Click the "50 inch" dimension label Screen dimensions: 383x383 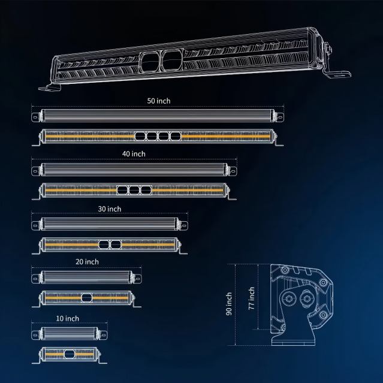pos(159,101)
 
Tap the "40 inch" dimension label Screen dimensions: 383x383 pos(134,154)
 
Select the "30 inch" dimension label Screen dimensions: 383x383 pos(110,209)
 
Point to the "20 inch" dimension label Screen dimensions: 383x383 pos(87,262)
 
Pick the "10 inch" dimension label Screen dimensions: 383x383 pos(67,318)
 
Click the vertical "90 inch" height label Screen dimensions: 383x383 pos(229,304)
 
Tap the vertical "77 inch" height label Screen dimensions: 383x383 pos(251,298)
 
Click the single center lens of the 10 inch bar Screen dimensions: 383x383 pos(69,354)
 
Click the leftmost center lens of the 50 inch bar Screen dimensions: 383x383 pos(140,136)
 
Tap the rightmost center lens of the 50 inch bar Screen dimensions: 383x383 pos(176,136)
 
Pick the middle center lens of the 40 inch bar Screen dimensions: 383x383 pos(134,190)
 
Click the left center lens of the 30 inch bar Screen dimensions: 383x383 pos(104,245)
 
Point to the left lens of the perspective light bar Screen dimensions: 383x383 pos(150,61)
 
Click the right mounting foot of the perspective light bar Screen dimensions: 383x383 pos(337,74)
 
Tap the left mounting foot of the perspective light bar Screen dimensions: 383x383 pos(50,87)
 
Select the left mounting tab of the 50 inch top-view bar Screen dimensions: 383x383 pos(35,117)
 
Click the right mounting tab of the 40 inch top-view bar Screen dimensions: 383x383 pos(233,171)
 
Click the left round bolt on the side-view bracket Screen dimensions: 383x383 pos(289,298)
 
